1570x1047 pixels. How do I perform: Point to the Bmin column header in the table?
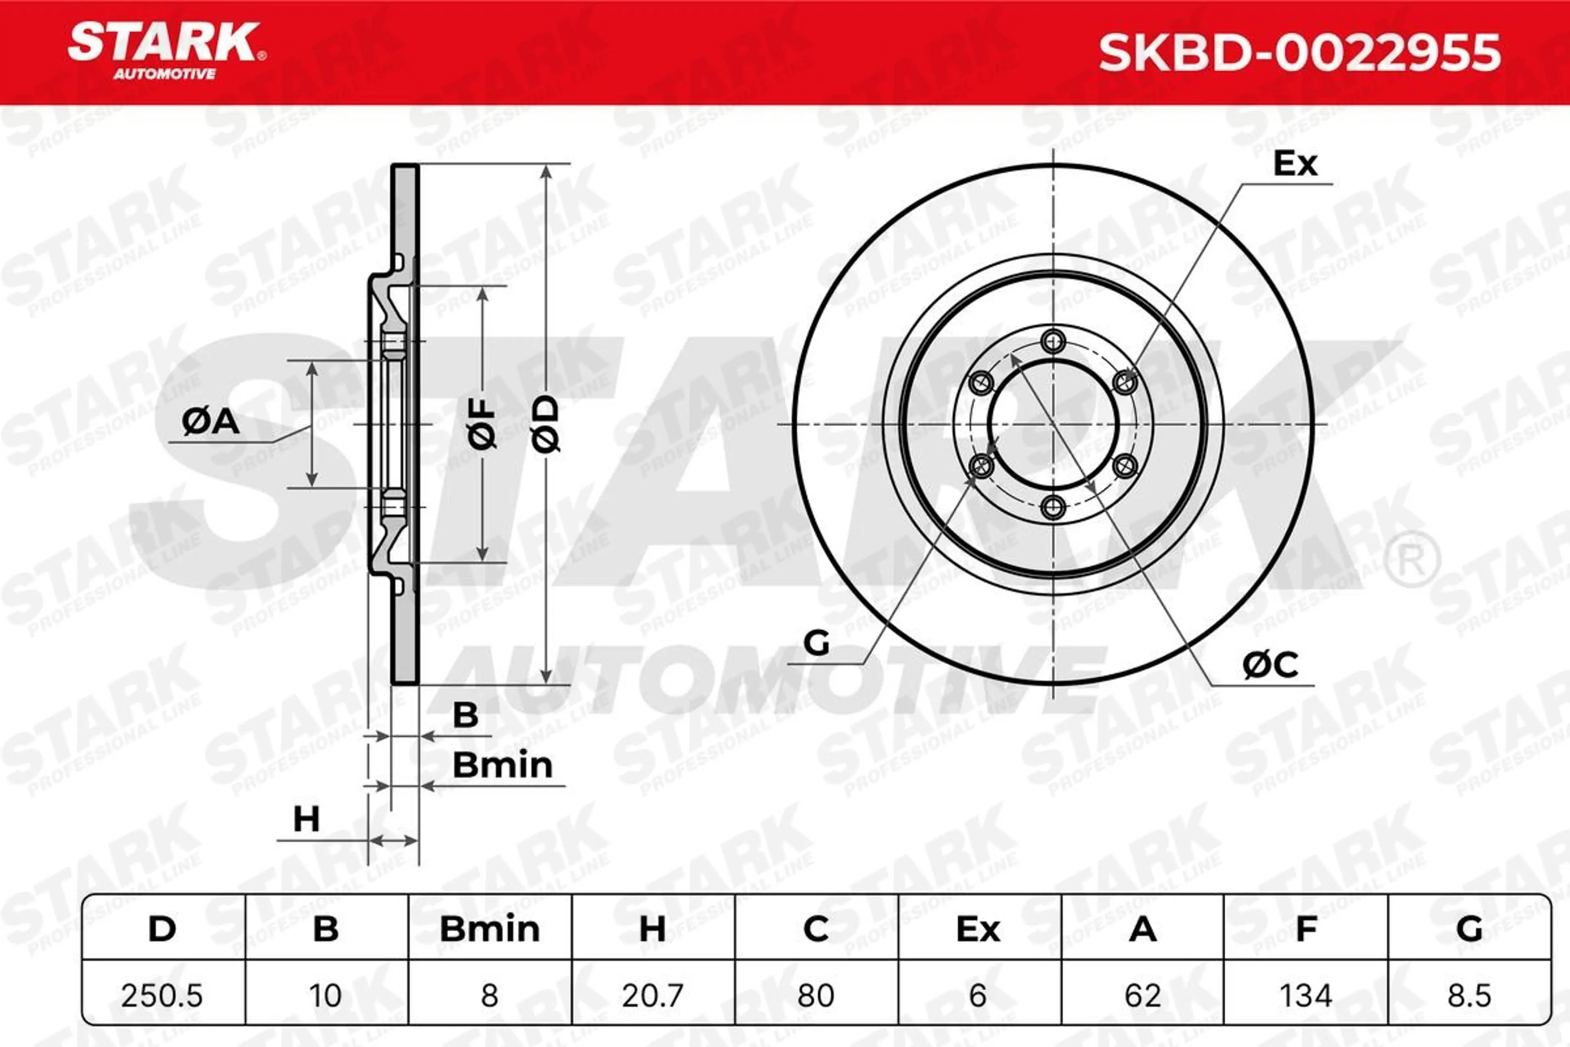pyautogui.click(x=489, y=930)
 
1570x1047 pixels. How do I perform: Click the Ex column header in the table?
pyautogui.click(x=978, y=930)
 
